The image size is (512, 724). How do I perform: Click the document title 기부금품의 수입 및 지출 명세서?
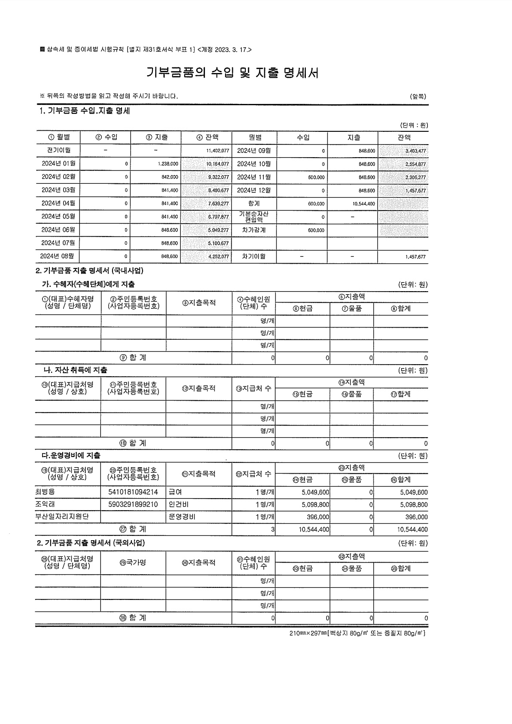pyautogui.click(x=232, y=73)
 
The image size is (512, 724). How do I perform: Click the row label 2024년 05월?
pyautogui.click(x=58, y=216)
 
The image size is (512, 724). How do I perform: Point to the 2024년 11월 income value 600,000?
pyautogui.click(x=316, y=177)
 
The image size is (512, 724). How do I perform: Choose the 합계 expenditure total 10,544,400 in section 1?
pyautogui.click(x=363, y=204)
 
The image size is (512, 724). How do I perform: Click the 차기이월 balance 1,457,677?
pyautogui.click(x=415, y=257)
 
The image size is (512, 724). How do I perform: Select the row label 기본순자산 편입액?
pyautogui.click(x=253, y=217)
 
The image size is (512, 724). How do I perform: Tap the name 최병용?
pyautogui.click(x=45, y=492)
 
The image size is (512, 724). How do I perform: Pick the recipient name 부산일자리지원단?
pyautogui.click(x=62, y=517)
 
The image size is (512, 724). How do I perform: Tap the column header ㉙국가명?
pyautogui.click(x=133, y=562)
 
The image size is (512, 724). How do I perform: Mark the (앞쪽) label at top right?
pyautogui.click(x=418, y=96)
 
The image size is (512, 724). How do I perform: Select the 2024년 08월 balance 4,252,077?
pyautogui.click(x=218, y=257)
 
